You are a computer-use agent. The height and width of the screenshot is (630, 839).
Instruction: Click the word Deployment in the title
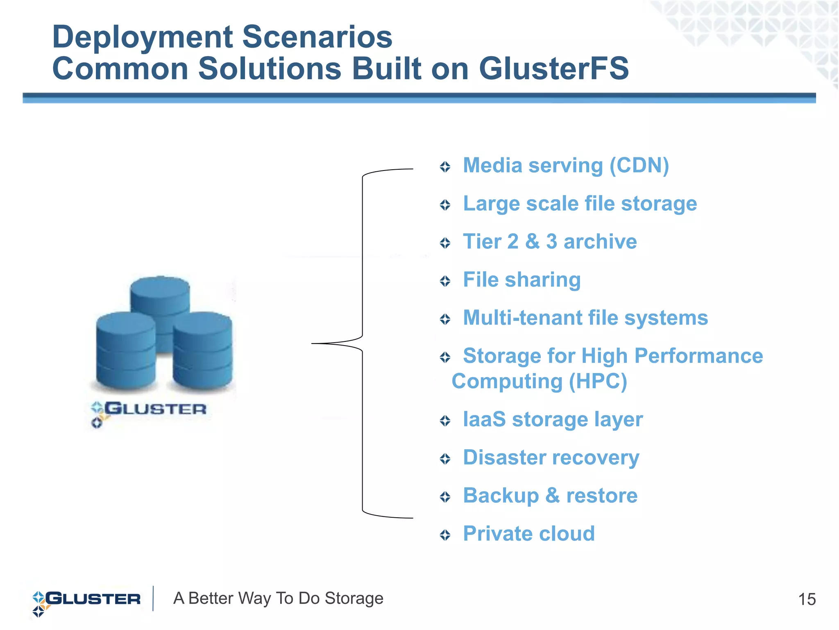point(143,37)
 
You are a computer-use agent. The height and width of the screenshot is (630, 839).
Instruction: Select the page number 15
point(807,599)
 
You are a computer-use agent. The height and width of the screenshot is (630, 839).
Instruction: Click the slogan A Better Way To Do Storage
point(278,598)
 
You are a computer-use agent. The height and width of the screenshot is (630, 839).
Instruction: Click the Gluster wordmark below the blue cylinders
point(154,409)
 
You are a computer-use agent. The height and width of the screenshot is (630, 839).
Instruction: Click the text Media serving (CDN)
point(565,166)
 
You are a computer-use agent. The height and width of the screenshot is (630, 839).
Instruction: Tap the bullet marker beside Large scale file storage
point(445,205)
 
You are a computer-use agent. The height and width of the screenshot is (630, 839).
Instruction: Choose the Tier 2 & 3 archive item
point(549,242)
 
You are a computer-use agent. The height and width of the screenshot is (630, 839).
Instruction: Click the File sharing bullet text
point(522,280)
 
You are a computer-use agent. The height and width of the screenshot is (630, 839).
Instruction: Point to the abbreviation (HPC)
point(598,382)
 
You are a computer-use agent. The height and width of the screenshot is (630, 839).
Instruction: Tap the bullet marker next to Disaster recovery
point(445,459)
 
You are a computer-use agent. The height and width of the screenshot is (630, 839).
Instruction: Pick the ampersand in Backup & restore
point(552,496)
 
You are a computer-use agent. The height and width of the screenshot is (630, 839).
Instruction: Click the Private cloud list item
point(528,534)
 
